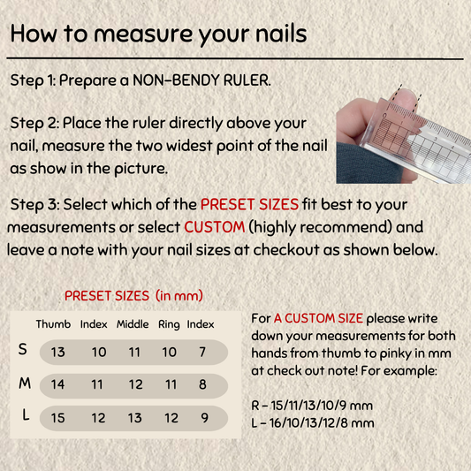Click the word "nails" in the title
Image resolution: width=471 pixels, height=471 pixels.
click(281, 34)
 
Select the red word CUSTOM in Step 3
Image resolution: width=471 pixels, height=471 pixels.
click(215, 227)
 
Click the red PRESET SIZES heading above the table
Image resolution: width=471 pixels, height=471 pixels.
click(133, 296)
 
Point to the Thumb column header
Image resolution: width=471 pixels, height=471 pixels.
click(53, 324)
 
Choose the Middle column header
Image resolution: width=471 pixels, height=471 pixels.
click(133, 324)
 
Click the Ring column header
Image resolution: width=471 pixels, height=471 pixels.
click(169, 324)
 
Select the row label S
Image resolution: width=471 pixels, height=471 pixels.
click(22, 349)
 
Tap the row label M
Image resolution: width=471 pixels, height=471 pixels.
click(25, 384)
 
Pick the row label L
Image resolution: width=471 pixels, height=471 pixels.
click(27, 415)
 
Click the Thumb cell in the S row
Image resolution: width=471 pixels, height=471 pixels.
click(57, 352)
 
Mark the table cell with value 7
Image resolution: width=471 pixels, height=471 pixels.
click(202, 352)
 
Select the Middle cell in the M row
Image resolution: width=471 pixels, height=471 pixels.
click(135, 384)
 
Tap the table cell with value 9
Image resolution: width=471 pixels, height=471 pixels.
click(204, 418)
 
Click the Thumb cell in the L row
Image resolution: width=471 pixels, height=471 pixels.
click(57, 418)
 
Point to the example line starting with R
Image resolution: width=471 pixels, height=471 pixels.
click(312, 406)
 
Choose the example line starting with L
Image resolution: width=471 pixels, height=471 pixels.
click(313, 423)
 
